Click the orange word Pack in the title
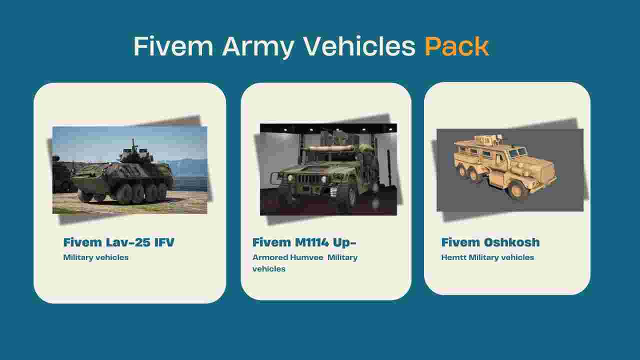click(456, 46)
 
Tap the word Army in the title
click(258, 47)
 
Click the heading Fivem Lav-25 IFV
click(119, 242)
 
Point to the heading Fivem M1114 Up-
click(304, 242)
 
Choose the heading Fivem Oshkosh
click(490, 242)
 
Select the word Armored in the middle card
click(270, 257)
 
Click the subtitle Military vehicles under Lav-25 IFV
click(95, 257)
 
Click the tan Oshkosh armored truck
click(505, 166)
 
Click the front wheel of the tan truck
click(517, 189)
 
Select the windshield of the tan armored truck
click(517, 152)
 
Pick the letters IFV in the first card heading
click(164, 242)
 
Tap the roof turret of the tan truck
click(485, 140)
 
